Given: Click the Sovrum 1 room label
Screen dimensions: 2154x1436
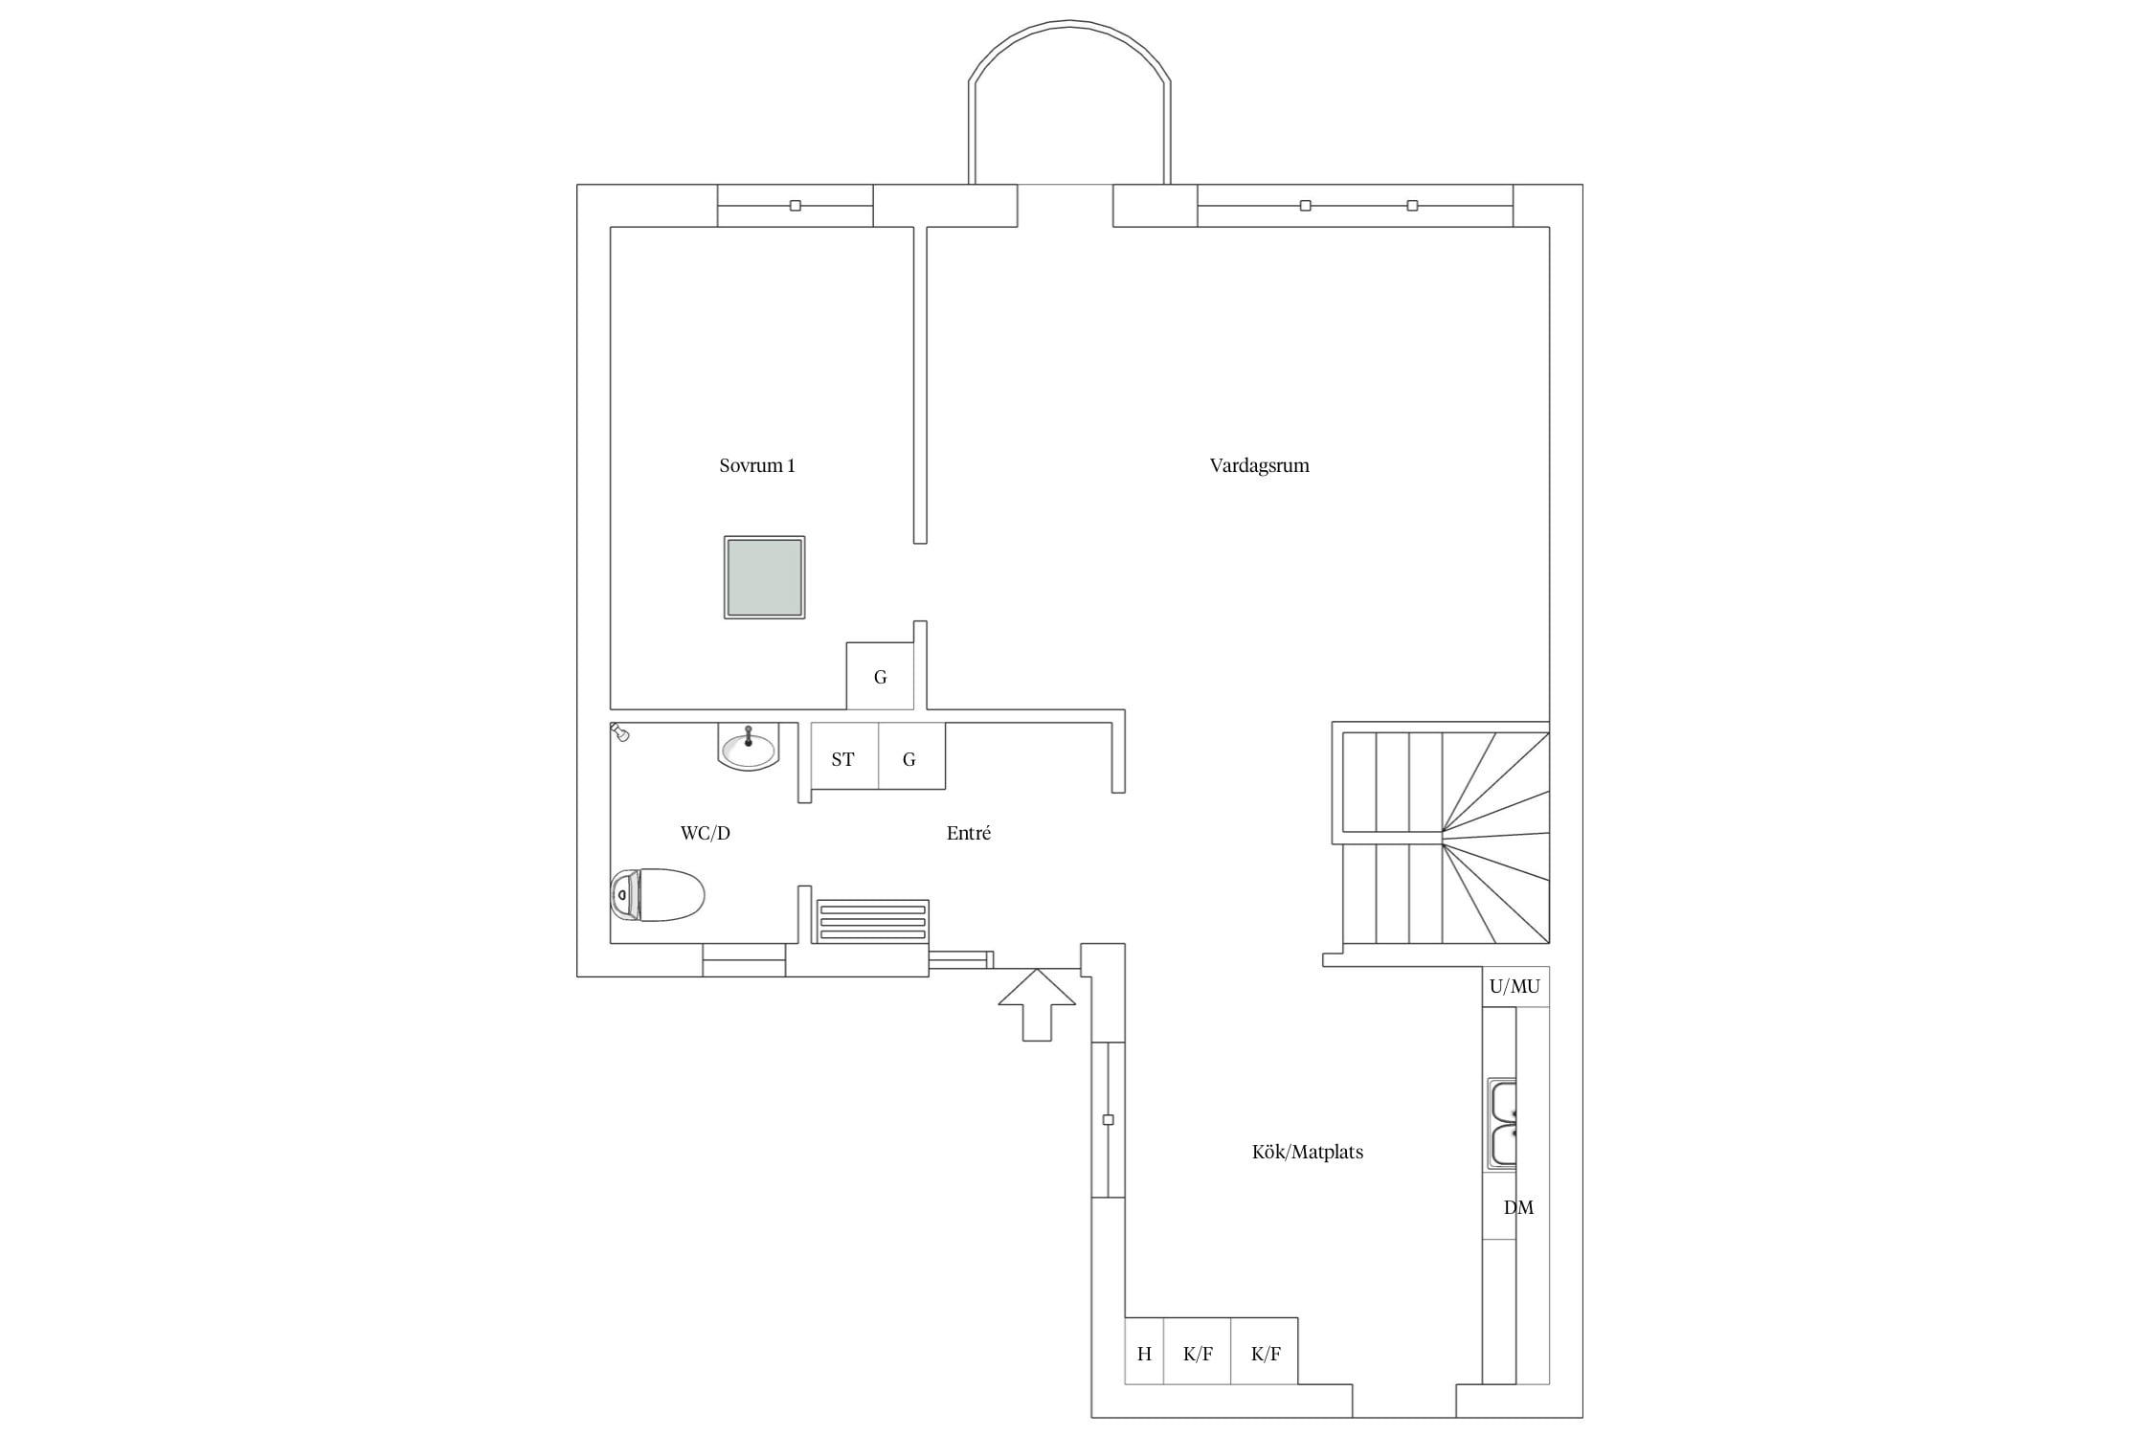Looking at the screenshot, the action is click(756, 466).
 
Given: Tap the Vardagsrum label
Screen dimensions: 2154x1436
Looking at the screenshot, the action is click(1259, 466).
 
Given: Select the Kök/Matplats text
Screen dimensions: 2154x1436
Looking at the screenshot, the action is click(1307, 1152).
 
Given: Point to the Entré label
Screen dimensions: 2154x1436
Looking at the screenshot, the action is click(968, 833).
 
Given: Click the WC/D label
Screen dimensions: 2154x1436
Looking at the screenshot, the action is click(705, 833).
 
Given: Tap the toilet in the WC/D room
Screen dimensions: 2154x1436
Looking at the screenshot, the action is click(657, 895).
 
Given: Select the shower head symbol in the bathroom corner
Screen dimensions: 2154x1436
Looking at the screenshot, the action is click(619, 732).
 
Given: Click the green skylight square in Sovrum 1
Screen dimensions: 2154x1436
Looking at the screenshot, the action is click(764, 577).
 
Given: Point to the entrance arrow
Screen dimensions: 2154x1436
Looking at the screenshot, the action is click(1037, 1004).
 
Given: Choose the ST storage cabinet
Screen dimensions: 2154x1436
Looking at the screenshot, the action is click(844, 756).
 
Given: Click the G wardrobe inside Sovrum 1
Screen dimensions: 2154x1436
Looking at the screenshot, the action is click(880, 676).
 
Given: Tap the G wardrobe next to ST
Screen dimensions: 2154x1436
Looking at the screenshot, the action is click(911, 756).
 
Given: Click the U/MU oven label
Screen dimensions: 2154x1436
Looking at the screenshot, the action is click(1515, 986).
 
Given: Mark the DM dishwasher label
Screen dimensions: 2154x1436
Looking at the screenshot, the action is click(1518, 1208).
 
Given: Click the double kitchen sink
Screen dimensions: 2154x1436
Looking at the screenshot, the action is click(1501, 1124).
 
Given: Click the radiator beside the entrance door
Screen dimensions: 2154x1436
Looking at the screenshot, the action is click(871, 921).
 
